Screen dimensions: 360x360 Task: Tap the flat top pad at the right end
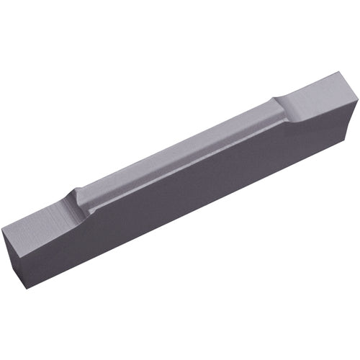[317, 90]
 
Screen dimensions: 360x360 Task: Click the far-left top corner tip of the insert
[3, 224]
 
